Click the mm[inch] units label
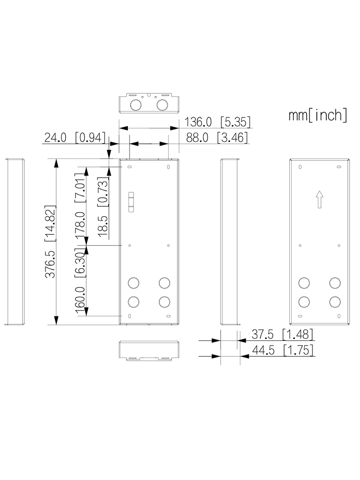click(318, 115)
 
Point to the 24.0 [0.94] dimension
click(73, 137)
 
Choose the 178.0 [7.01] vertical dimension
click(80, 204)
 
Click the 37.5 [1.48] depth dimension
click(282, 335)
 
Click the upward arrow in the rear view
click(319, 199)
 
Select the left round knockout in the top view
click(136, 104)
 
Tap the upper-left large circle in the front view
click(134, 283)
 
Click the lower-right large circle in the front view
click(164, 301)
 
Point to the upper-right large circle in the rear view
click(335, 283)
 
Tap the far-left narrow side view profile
click(15, 241)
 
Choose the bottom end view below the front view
click(149, 350)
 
